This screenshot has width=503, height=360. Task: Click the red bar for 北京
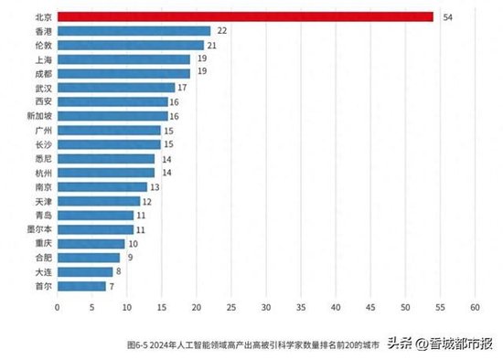pos(244,16)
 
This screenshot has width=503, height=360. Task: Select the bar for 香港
pos(134,31)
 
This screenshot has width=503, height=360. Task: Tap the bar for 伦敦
pos(130,45)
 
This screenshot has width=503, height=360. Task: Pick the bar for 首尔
pos(81,286)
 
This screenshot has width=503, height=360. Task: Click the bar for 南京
pos(102,186)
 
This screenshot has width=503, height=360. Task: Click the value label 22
pos(221,31)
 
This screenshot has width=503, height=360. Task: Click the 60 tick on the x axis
pos(476,308)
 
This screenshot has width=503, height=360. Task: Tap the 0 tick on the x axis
pos(57,308)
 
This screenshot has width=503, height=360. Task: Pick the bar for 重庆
pos(91,244)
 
